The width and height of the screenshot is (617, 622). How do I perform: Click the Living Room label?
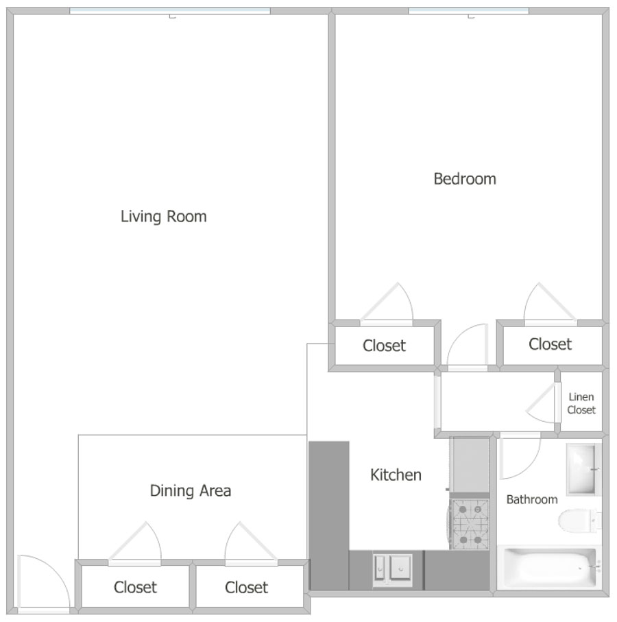pos(164,217)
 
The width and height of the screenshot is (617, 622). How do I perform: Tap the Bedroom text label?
pos(465,179)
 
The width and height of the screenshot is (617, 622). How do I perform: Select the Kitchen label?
pos(396,475)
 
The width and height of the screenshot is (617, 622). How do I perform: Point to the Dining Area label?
pos(191,491)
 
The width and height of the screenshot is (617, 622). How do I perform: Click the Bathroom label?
pos(532,499)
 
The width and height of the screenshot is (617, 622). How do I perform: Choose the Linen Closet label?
pos(581,403)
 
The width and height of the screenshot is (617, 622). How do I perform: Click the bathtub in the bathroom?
pos(549,568)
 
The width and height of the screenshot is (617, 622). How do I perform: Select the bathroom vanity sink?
pos(583,469)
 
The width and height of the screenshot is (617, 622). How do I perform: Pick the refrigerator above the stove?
pos(470,464)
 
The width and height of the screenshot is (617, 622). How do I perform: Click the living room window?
pos(170,11)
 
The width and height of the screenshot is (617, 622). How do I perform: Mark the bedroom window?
pos(468,11)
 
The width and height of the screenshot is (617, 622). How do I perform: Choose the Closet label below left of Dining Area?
pos(135,588)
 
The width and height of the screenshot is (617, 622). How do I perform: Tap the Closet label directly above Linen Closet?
pos(550,344)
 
